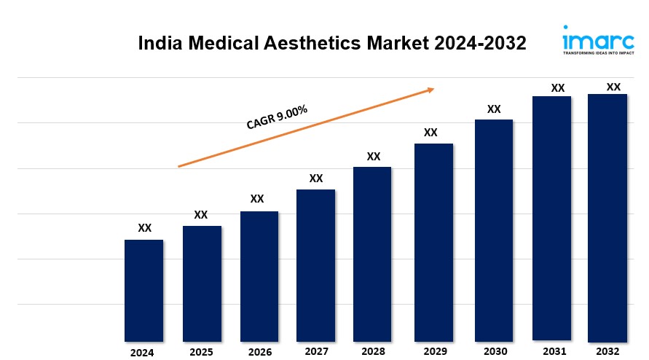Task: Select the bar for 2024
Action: [x=143, y=290]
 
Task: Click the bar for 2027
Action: [x=315, y=265]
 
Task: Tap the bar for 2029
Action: [x=433, y=242]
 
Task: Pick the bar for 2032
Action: [x=607, y=217]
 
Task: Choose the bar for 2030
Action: [x=494, y=230]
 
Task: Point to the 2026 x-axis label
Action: [x=259, y=352]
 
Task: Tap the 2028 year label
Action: [x=372, y=351]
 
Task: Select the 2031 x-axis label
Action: [x=551, y=351]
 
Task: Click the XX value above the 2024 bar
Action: [x=144, y=228]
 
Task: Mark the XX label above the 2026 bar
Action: [x=257, y=199]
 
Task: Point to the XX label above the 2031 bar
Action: [x=557, y=88]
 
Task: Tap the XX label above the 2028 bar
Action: [x=373, y=156]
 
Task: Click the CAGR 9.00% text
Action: [x=277, y=117]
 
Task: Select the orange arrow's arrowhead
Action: [x=430, y=90]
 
